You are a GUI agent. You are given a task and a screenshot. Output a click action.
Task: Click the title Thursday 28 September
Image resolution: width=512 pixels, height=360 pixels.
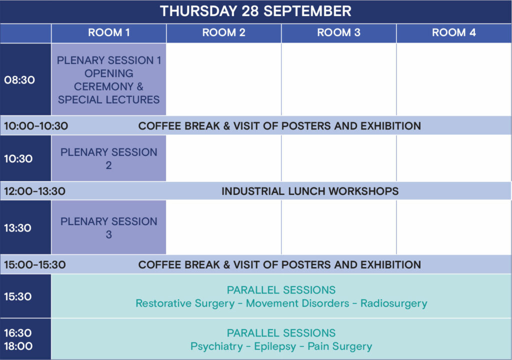[x=255, y=11]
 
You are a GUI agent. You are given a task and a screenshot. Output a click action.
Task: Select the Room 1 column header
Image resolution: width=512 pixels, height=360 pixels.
[x=108, y=32]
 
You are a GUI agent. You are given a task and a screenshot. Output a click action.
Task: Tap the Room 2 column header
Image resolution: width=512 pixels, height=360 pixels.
[x=223, y=32]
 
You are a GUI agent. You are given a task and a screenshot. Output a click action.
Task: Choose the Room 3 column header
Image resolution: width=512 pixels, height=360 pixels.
[x=338, y=32]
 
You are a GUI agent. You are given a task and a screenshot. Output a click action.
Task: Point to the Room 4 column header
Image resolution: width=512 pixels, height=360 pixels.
[x=454, y=32]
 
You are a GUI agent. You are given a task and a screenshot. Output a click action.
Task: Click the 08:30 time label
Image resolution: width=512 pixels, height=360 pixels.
[x=19, y=80]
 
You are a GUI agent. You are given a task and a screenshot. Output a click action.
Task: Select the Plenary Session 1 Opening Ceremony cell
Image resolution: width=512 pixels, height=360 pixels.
[x=108, y=79]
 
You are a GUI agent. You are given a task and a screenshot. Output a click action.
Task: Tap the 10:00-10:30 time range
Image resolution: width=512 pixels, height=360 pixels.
[x=36, y=126]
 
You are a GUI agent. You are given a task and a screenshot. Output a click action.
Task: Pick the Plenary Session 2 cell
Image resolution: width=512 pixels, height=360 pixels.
[x=108, y=158]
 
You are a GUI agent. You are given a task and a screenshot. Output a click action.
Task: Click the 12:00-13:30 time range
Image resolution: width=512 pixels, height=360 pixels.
[x=34, y=191]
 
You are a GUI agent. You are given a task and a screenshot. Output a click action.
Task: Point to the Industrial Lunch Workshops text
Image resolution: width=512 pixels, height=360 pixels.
[x=310, y=191]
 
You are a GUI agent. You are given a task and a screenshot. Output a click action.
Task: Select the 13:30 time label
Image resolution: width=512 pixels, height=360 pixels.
[x=17, y=227]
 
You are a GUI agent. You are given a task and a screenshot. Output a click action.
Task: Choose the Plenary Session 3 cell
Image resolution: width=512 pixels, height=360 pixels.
[x=108, y=227]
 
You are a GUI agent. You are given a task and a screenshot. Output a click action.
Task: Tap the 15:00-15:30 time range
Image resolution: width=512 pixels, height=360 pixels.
[x=34, y=264]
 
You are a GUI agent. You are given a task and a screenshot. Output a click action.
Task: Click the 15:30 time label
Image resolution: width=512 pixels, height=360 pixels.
[x=17, y=296]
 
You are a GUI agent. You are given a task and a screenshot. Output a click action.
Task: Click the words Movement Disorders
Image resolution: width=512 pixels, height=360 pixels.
[x=297, y=303]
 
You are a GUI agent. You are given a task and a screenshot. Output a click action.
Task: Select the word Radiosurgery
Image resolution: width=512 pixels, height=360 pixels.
[x=394, y=303]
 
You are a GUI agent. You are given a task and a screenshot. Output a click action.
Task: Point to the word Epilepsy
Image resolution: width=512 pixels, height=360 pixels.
[x=275, y=346]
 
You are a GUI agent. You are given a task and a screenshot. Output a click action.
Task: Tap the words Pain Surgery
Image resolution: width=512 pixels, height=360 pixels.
[x=340, y=346]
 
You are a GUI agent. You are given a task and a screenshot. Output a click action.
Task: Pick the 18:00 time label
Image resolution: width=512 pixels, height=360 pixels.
[x=18, y=346]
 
